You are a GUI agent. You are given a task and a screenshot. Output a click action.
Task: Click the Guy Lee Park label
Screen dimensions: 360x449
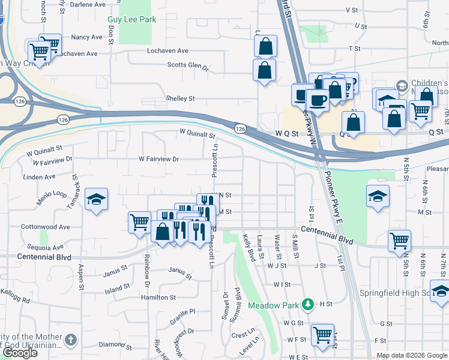pyautogui.click(x=131, y=19)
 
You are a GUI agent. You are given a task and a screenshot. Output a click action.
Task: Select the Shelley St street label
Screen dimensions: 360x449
pyautogui.click(x=181, y=98)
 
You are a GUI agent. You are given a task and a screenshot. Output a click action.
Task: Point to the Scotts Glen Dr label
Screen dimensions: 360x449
pyautogui.click(x=187, y=66)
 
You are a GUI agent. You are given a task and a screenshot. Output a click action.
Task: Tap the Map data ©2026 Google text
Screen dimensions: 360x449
pyautogui.click(x=412, y=355)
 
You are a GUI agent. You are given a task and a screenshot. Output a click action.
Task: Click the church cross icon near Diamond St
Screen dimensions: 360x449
pyautogui.click(x=71, y=340)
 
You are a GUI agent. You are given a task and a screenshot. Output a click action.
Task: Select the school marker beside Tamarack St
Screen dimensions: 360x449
pyautogui.click(x=95, y=200)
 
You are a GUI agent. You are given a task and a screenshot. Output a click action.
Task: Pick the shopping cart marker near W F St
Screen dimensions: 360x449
pyautogui.click(x=323, y=334)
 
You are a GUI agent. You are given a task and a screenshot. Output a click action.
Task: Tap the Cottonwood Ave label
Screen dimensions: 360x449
pyautogui.click(x=45, y=227)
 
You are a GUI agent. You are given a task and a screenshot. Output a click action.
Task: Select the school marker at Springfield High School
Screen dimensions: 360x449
pyautogui.click(x=441, y=290)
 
